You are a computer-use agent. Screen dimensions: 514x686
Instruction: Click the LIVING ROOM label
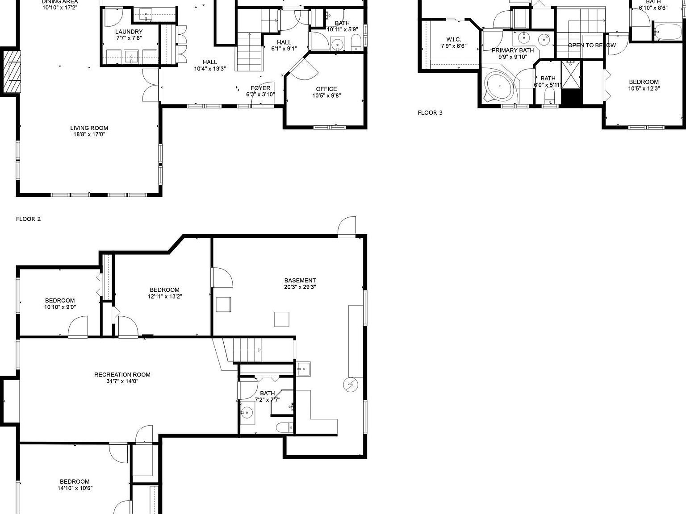pyautogui.click(x=89, y=128)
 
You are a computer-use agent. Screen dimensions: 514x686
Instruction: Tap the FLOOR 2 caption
pyautogui.click(x=28, y=219)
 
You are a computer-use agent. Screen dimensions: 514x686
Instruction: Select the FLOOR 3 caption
pyautogui.click(x=430, y=112)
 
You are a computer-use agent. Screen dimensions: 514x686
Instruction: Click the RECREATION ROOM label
pyautogui.click(x=122, y=375)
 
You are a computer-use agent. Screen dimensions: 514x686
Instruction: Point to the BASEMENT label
pyautogui.click(x=300, y=281)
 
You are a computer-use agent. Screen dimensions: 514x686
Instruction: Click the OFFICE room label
pyautogui.click(x=326, y=89)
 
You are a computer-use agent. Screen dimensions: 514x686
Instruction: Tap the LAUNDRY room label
pyautogui.click(x=129, y=32)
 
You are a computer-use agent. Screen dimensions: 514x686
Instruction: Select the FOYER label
pyautogui.click(x=260, y=88)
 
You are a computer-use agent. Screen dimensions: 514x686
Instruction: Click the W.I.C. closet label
pyautogui.click(x=453, y=40)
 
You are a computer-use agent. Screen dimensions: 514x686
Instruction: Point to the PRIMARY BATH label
pyautogui.click(x=512, y=50)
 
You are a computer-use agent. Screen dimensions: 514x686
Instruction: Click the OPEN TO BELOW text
pyautogui.click(x=591, y=46)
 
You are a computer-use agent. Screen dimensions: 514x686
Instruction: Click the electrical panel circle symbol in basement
pyautogui.click(x=349, y=385)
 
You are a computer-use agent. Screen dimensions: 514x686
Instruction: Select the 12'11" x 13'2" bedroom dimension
pyautogui.click(x=165, y=296)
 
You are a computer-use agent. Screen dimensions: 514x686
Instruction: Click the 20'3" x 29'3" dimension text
pyautogui.click(x=300, y=287)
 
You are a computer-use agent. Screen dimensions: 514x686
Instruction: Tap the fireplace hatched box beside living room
pyautogui.click(x=12, y=71)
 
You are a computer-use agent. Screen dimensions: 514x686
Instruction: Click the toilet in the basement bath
pyautogui.click(x=284, y=427)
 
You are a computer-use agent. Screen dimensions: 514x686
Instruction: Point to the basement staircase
pyautogui.click(x=247, y=350)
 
